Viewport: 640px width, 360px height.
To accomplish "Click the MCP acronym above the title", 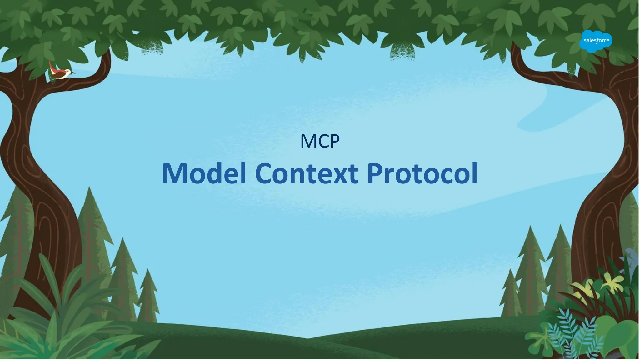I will [320, 141].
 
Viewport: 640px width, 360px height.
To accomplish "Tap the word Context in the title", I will [306, 174].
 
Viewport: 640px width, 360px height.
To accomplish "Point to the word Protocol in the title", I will [422, 174].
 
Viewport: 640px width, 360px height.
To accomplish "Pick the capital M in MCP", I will [307, 142].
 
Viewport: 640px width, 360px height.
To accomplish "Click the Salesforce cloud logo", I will [596, 41].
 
